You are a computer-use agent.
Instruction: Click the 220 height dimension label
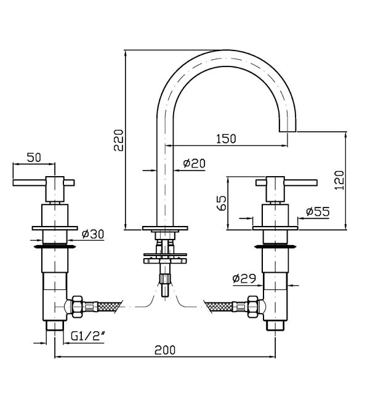tap(119, 140)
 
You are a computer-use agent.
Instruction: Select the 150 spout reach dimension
tap(226, 139)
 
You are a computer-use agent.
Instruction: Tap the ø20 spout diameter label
tap(194, 163)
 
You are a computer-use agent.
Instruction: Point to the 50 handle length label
tap(34, 158)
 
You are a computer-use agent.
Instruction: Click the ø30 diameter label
tap(93, 234)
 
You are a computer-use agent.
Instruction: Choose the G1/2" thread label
tap(88, 336)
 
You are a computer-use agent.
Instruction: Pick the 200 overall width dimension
tap(165, 350)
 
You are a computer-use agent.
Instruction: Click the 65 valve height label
tap(222, 203)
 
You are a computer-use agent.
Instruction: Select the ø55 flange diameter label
tap(318, 211)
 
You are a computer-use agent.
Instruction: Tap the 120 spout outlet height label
tap(339, 180)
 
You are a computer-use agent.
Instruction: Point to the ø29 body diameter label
tap(244, 278)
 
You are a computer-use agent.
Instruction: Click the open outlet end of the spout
tap(287, 132)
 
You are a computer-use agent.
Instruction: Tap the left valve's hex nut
tap(78, 307)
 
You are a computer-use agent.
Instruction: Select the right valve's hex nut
tap(253, 307)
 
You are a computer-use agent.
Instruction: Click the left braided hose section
tap(110, 306)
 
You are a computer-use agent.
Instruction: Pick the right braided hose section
tap(219, 306)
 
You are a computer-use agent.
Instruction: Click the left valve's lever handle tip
tap(14, 183)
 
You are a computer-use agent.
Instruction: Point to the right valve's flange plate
tap(275, 228)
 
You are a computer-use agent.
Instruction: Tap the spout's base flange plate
tap(165, 228)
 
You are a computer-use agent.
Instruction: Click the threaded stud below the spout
tap(165, 285)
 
